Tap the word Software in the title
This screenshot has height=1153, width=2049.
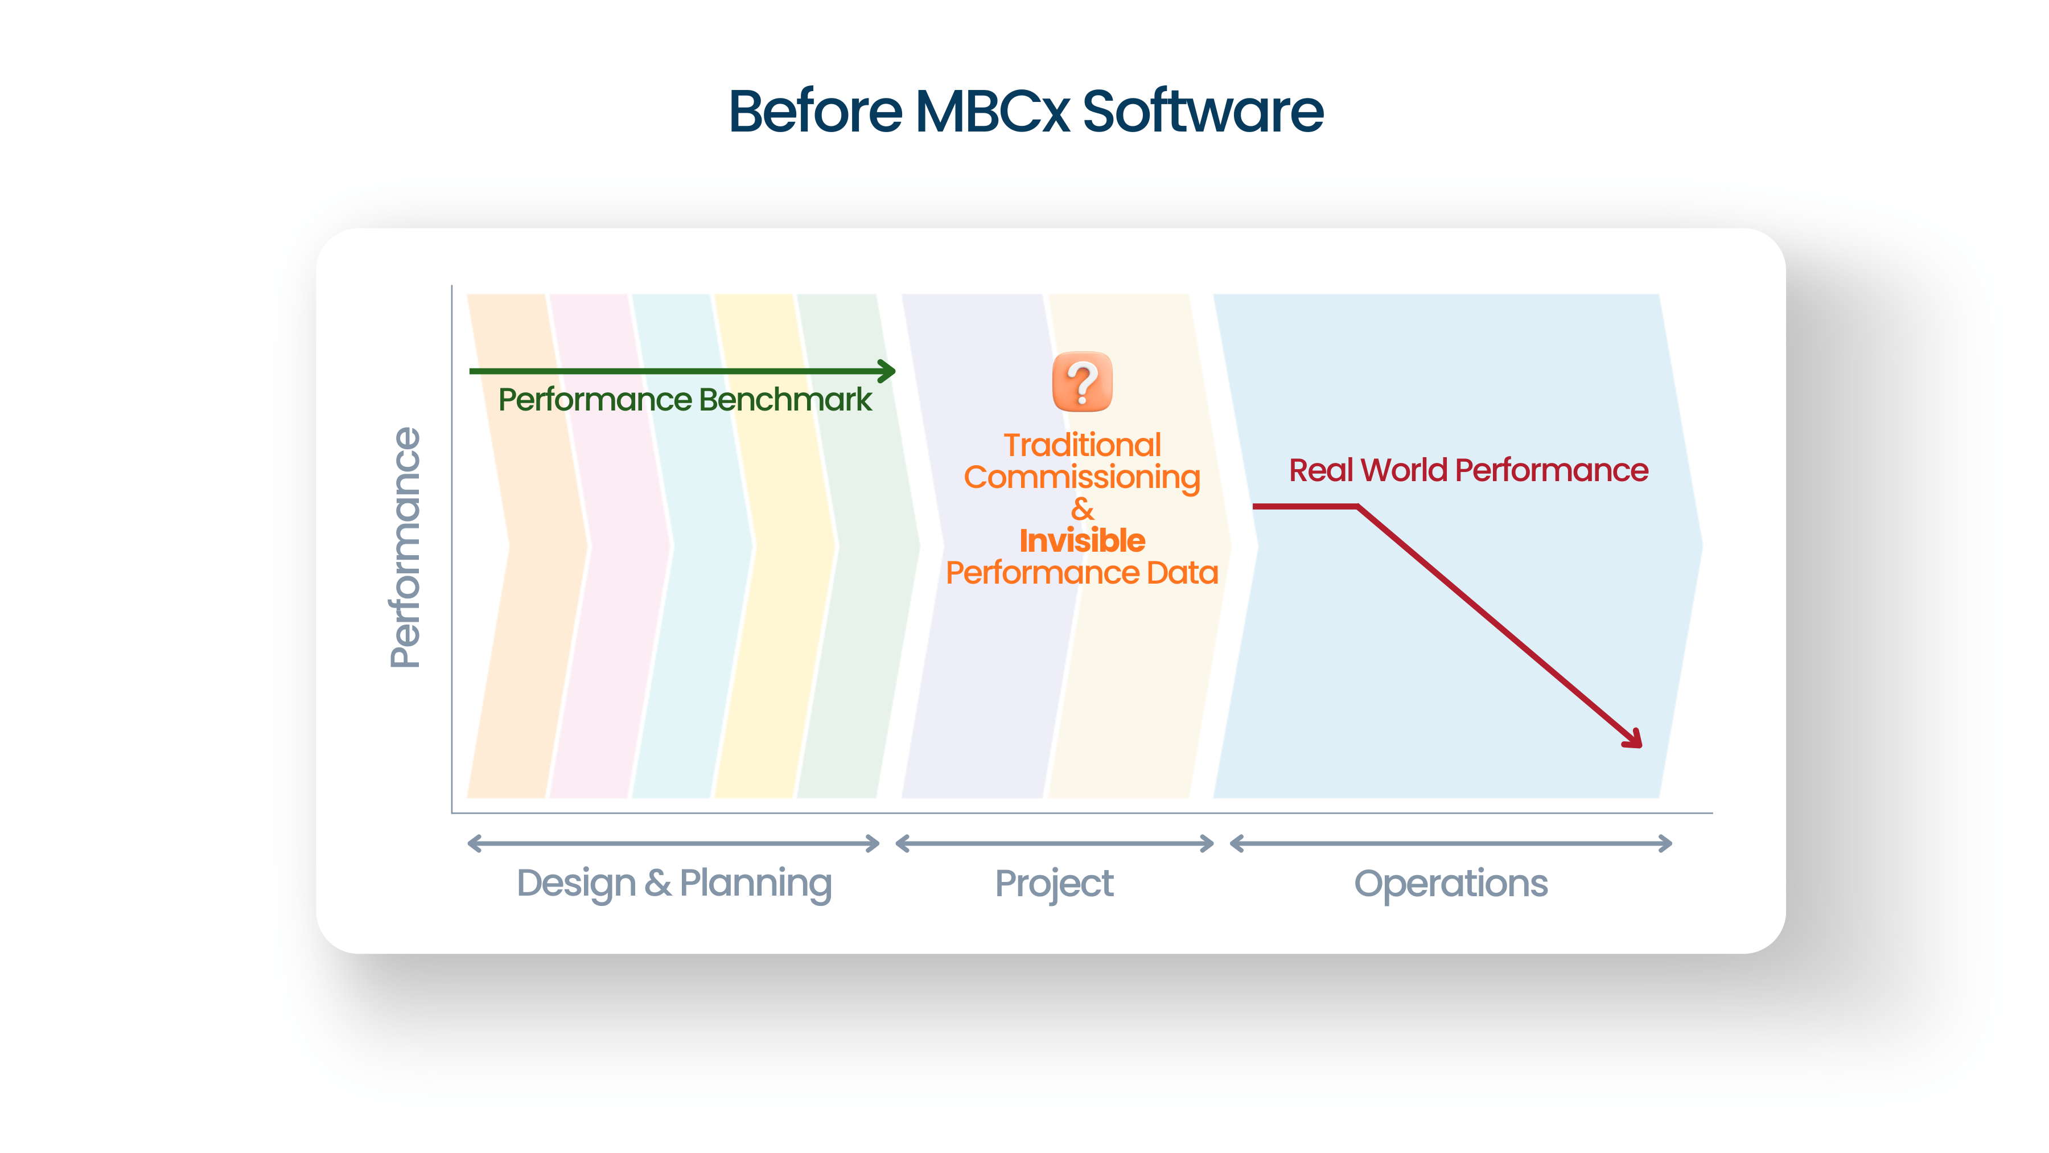(1203, 112)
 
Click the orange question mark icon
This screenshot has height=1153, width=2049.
(1082, 382)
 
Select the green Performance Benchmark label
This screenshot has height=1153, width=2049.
(685, 400)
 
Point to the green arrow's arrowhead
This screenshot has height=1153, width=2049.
(888, 371)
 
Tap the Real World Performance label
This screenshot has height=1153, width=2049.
(1468, 470)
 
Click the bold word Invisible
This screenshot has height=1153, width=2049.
(1082, 541)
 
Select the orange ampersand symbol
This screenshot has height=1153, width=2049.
(1082, 509)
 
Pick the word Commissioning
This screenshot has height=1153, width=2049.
(1082, 478)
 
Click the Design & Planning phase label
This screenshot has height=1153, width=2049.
(674, 883)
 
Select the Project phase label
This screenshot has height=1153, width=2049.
(1054, 883)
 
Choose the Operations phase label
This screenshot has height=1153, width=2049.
(1451, 883)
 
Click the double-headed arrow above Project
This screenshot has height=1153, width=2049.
(1054, 843)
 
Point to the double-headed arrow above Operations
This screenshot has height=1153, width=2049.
(1451, 843)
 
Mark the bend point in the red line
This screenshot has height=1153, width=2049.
(1357, 506)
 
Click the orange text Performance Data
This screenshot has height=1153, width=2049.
(1082, 573)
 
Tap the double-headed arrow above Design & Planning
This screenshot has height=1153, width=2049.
(674, 843)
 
